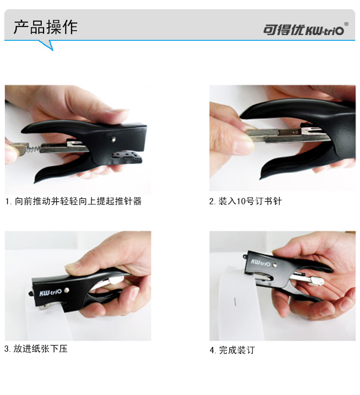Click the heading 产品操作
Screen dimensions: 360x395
pyautogui.click(x=45, y=27)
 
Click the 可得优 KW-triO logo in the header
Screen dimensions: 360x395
pyautogui.click(x=303, y=30)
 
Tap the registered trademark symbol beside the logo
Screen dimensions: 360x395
pyautogui.click(x=347, y=24)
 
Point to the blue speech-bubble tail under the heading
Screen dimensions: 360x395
pyautogui.click(x=47, y=45)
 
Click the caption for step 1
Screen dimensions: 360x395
pyautogui.click(x=73, y=201)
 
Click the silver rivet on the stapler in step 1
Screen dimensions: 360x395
pyautogui.click(x=113, y=139)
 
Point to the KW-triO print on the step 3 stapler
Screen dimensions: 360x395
pyautogui.click(x=50, y=293)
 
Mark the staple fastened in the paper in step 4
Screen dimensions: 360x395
pyautogui.click(x=235, y=302)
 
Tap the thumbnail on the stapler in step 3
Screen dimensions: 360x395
pyautogui.click(x=71, y=267)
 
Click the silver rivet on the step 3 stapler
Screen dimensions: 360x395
pyautogui.click(x=66, y=290)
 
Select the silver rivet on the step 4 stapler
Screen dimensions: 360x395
pyautogui.click(x=275, y=265)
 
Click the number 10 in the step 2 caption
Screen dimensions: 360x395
pyautogui.click(x=241, y=201)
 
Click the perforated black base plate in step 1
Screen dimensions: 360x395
pyautogui.click(x=128, y=157)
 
